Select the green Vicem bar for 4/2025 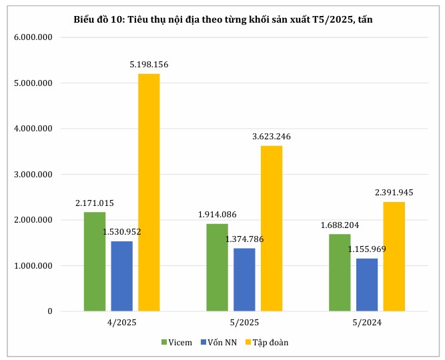[x=94, y=261]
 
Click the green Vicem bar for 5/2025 [x=217, y=267]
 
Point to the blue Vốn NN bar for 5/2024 [x=366, y=285]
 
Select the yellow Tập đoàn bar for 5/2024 [x=394, y=256]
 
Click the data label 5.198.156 [x=149, y=64]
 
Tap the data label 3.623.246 [x=272, y=136]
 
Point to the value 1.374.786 [x=244, y=239]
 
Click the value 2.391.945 [x=394, y=192]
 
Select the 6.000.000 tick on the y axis [x=33, y=37]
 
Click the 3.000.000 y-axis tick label [x=33, y=175]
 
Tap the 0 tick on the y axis [x=49, y=311]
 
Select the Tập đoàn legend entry [x=271, y=342]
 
